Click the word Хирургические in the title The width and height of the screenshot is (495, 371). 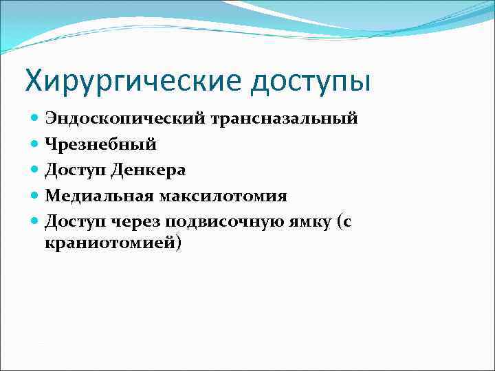(x=132, y=80)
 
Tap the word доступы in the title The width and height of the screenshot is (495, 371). (x=310, y=80)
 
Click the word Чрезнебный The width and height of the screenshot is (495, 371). (x=100, y=144)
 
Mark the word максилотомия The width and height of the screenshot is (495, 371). (x=223, y=196)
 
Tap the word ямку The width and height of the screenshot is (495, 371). (x=316, y=222)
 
